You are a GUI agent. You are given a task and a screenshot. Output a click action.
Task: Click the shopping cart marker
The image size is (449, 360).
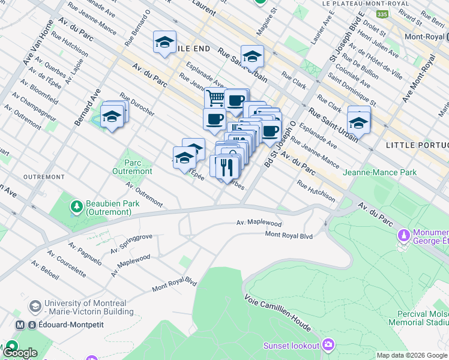click(215, 98)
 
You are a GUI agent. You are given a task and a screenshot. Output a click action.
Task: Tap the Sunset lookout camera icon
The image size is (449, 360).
click(328, 344)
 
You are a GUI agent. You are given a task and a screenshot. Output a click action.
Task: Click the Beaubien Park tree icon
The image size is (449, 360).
click(76, 207)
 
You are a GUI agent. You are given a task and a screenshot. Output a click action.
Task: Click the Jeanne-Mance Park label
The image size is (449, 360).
click(379, 172)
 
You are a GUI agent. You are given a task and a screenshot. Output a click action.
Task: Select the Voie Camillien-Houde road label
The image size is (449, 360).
click(277, 313)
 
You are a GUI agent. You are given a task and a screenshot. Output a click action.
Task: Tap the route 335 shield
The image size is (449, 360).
click(382, 13)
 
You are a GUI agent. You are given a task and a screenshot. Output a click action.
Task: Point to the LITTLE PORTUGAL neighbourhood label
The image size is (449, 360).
click(417, 146)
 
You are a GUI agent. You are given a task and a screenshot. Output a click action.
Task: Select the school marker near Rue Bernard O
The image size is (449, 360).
click(164, 42)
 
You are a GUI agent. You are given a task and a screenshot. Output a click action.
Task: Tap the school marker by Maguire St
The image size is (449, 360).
click(252, 56)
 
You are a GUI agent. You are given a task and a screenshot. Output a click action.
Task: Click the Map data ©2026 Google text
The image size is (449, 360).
click(411, 355)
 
